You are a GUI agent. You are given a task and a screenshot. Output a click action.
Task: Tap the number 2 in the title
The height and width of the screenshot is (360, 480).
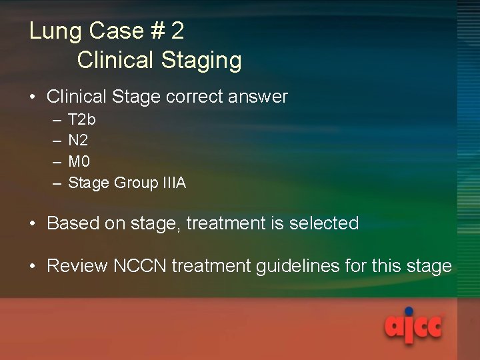(x=177, y=31)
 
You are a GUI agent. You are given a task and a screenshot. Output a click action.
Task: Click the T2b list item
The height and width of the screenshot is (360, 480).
(x=82, y=120)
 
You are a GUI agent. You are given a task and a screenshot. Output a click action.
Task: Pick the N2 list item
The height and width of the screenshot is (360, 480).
(x=78, y=141)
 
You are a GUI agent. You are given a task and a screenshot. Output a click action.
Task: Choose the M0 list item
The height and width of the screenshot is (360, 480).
(x=79, y=161)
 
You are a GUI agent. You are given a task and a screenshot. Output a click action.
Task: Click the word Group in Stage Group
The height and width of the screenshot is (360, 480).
(x=136, y=183)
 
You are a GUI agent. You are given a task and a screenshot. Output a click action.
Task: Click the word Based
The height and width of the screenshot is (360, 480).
(x=73, y=223)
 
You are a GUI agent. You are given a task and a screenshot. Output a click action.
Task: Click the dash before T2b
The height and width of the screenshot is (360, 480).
(x=54, y=120)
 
